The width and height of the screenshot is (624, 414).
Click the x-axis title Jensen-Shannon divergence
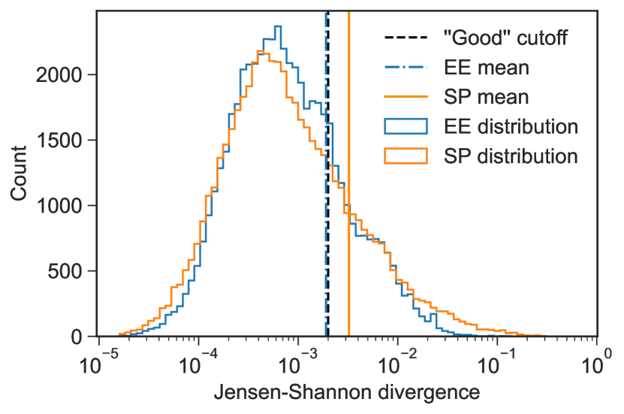(347, 392)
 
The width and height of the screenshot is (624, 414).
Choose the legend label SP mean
(487, 97)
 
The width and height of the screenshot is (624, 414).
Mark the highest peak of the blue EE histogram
(278, 27)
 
